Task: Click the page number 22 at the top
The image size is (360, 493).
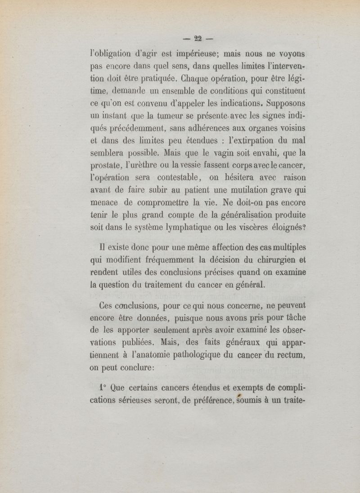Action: click(196, 38)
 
